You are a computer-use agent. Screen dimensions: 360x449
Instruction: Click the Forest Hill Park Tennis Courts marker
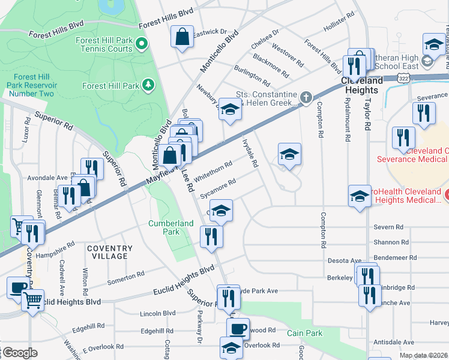pos(142,43)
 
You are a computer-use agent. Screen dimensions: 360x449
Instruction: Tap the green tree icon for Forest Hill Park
pos(148,86)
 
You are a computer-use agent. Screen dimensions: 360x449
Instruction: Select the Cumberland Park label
pos(171,227)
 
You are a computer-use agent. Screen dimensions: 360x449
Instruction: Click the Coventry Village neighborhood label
pos(109,252)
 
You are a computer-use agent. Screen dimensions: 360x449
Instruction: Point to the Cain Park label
pos(304,333)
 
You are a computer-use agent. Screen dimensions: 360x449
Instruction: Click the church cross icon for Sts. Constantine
pos(306,97)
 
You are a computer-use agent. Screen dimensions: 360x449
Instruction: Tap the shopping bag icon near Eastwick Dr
pos(182,37)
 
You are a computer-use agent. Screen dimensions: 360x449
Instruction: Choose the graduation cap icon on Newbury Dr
pos(229,109)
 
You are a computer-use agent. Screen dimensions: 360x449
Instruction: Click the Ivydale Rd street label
pos(250,154)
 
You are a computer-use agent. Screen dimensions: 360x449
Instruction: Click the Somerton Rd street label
pos(126,278)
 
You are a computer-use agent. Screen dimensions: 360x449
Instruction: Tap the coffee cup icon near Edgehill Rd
pos(238,329)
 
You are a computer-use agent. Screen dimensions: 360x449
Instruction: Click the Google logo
pos(20,353)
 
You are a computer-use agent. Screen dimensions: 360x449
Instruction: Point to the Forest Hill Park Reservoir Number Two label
pos(34,85)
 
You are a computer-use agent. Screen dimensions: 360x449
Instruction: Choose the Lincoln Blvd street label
pos(157,313)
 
